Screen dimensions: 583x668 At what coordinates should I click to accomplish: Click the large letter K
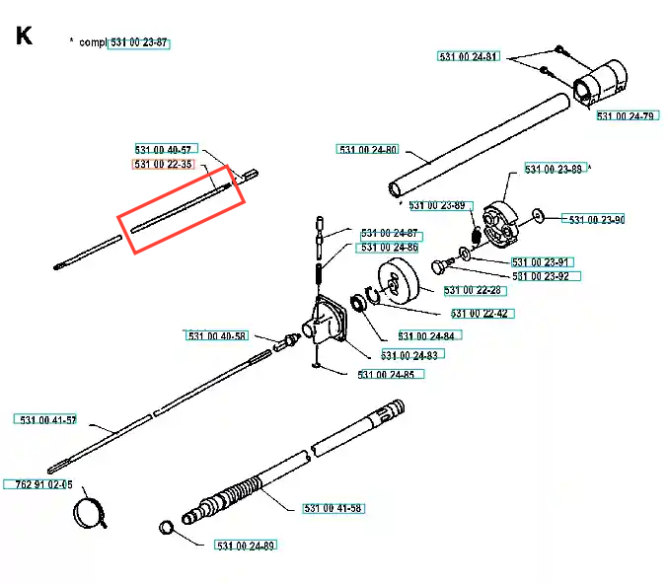pos(25,36)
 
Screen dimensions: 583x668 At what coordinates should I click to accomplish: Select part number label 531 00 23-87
pos(139,43)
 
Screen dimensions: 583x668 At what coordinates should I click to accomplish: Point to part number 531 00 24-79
pos(627,116)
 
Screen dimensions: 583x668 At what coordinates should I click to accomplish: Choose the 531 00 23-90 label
pos(593,219)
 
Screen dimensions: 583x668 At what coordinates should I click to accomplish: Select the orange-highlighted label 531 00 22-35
pos(164,164)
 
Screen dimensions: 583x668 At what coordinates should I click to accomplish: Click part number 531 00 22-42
pos(480,314)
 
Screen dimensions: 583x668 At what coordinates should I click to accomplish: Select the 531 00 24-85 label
pos(386,375)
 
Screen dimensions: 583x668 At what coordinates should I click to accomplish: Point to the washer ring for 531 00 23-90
pos(537,216)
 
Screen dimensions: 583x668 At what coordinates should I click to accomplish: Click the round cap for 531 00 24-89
pos(166,528)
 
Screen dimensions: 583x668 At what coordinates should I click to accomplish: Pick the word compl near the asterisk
pos(92,43)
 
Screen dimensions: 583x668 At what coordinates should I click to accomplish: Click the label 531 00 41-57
pos(47,420)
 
